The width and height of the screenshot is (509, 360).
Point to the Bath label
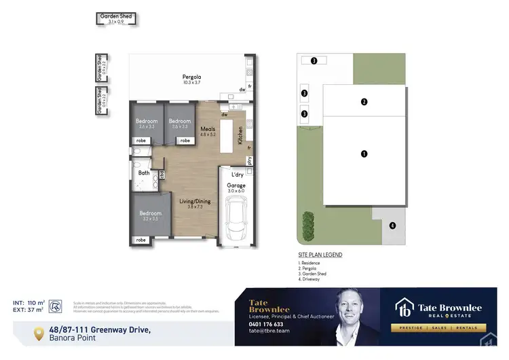143,173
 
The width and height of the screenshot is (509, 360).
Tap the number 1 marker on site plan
364,154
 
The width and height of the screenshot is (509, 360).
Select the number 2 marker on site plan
364,102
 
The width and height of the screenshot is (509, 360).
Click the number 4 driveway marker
392,225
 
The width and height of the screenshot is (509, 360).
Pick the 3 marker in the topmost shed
314,60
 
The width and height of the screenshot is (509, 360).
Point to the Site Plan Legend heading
320,255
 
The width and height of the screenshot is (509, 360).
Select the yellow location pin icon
41,333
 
